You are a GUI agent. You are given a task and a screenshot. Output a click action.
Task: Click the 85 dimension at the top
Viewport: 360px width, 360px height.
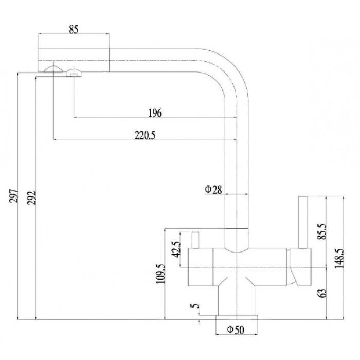coord(73,30)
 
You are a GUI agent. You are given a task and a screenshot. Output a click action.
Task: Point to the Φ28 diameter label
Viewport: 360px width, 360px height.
coord(213,190)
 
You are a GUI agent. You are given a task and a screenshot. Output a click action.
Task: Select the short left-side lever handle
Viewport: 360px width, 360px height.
coord(195,240)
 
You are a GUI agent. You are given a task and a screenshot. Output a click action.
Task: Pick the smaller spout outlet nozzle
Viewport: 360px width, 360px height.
coord(74,73)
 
